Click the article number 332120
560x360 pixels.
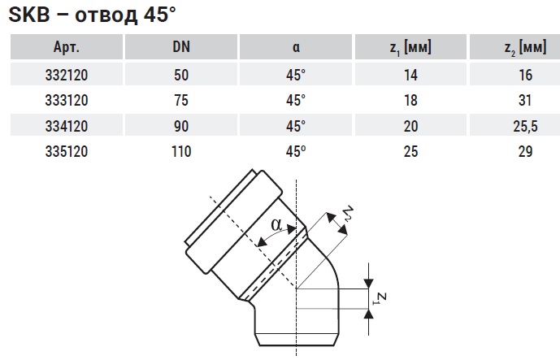coord(67,75)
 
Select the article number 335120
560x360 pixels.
coord(67,151)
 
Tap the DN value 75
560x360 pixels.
coord(181,100)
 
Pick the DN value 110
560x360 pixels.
coord(181,151)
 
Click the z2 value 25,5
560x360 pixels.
coord(525,126)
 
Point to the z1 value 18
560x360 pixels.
coord(410,100)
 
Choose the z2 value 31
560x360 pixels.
coord(525,100)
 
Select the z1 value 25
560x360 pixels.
coord(410,151)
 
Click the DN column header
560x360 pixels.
coord(181,47)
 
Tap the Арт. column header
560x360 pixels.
coord(67,47)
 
